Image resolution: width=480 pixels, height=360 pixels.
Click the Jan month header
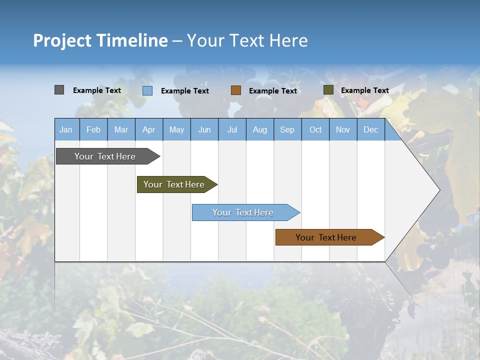click(x=66, y=130)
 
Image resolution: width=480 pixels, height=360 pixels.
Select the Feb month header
click(x=93, y=130)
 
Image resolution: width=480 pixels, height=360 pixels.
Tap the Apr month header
click(x=149, y=130)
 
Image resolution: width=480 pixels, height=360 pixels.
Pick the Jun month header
click(x=204, y=130)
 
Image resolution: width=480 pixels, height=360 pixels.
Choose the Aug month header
click(x=260, y=130)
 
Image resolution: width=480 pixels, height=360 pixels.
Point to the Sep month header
click(x=287, y=130)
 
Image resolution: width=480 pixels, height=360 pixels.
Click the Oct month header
click(x=315, y=130)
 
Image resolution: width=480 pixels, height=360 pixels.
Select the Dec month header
click(x=370, y=130)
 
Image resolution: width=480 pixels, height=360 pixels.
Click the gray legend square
click(x=59, y=90)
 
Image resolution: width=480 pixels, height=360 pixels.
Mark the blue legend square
click(x=147, y=90)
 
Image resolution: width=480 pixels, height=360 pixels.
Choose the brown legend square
click(x=236, y=90)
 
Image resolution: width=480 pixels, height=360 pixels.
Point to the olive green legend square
click(x=328, y=90)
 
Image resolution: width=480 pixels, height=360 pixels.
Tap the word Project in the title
click(x=62, y=40)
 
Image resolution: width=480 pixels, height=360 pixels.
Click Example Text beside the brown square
click(x=273, y=91)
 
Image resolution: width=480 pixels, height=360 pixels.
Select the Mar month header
click(x=121, y=130)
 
